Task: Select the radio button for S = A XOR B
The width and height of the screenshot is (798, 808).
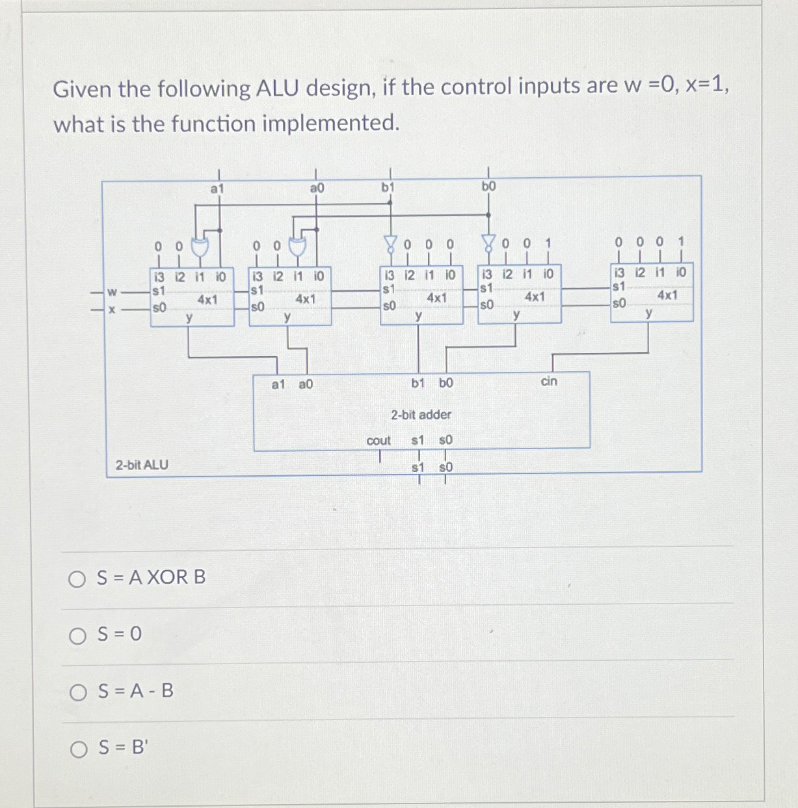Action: [77, 579]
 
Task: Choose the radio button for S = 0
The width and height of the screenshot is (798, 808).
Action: [78, 635]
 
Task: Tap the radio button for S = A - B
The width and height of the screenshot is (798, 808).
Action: [78, 692]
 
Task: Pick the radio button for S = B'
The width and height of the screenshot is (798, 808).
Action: [79, 749]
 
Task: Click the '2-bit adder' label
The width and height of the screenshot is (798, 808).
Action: [421, 415]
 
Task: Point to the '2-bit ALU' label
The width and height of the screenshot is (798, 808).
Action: [142, 465]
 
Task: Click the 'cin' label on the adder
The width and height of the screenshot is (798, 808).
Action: [549, 382]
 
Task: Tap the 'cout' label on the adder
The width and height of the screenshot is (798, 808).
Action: [379, 441]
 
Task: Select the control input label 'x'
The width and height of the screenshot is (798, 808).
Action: [112, 309]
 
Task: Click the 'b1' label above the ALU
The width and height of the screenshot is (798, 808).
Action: [388, 188]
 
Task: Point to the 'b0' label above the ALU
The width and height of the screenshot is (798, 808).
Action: [488, 186]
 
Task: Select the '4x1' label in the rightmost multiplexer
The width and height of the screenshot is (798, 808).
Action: [667, 295]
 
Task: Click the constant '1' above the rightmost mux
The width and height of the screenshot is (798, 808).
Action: [681, 242]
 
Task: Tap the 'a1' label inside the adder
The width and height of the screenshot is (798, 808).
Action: [278, 385]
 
